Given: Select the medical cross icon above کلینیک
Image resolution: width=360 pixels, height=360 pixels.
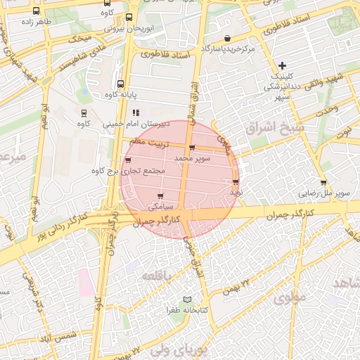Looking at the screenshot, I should [282, 65].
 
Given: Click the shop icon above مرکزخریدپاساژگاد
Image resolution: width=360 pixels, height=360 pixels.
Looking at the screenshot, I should [226, 38].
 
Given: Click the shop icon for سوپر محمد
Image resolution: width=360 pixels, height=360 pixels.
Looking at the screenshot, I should [192, 148].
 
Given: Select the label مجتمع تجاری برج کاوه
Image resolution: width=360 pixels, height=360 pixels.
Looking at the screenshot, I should [128, 171].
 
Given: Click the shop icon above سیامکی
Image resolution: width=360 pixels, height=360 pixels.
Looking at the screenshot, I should [161, 195].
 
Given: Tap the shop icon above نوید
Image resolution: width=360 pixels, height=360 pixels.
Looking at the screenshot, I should [235, 181].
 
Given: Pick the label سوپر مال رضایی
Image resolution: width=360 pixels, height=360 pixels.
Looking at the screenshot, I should [323, 192].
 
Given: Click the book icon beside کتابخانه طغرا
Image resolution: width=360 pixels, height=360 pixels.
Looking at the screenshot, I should [187, 300].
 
